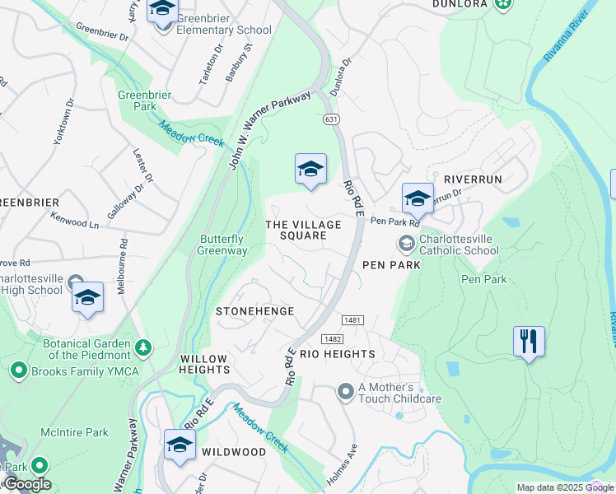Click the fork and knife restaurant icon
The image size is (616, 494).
click(x=528, y=340)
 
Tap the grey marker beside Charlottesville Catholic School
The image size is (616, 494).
click(x=406, y=243)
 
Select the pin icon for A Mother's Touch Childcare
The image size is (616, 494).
click(x=346, y=393)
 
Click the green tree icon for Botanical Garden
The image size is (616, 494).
click(x=144, y=349)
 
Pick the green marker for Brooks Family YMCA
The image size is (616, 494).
click(x=18, y=371)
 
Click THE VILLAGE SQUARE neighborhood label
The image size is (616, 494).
click(x=303, y=230)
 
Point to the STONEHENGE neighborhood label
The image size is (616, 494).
click(x=254, y=311)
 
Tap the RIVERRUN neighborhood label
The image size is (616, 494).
click(x=472, y=179)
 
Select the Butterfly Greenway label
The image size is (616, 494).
click(x=223, y=245)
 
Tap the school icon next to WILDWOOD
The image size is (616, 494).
click(x=179, y=445)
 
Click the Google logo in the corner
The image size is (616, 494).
click(x=26, y=484)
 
